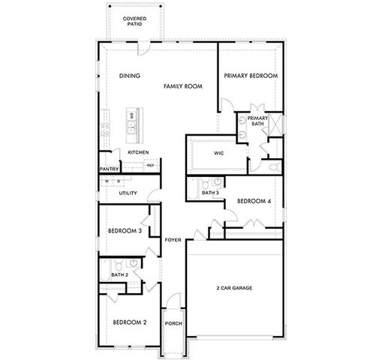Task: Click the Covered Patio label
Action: [135, 19]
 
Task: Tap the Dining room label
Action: [129, 76]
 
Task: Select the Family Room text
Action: [184, 88]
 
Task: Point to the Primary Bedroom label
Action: [251, 76]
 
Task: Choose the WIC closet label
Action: [219, 153]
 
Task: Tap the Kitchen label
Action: [138, 153]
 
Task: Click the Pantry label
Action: [110, 169]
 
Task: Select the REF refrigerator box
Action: [150, 166]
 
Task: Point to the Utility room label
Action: [127, 193]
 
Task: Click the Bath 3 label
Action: [210, 193]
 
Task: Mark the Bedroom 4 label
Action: [253, 201]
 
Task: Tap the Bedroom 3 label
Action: [125, 231]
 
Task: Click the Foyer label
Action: [174, 240]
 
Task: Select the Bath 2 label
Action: [119, 275]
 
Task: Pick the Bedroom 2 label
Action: [129, 322]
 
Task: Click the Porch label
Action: [173, 324]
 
